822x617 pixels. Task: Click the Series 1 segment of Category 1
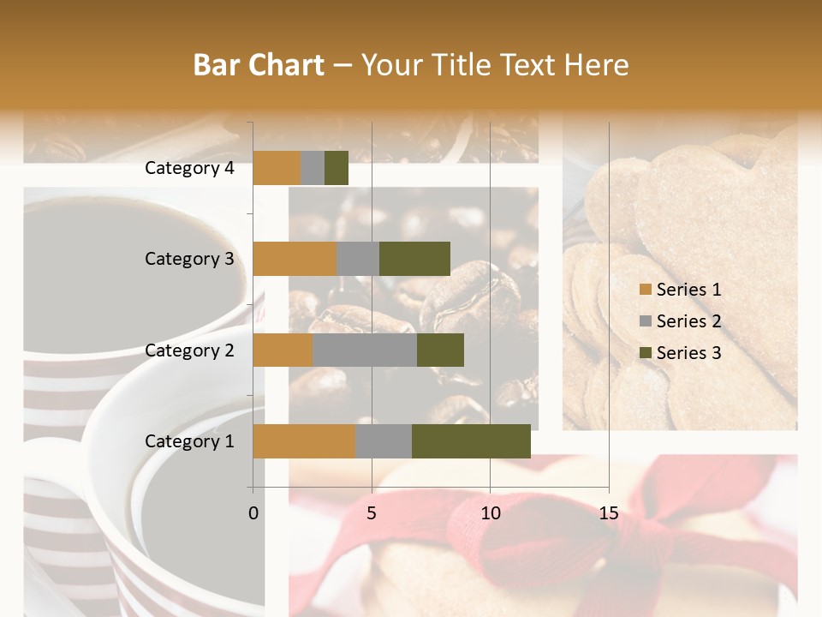[x=304, y=441]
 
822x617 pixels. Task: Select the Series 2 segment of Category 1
[x=384, y=441]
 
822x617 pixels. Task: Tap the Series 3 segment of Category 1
[x=471, y=441]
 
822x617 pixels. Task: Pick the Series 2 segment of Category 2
[x=365, y=350]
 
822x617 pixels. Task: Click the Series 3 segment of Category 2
[x=440, y=350]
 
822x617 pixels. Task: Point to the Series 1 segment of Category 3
[x=295, y=259]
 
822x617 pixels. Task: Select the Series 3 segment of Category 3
[x=414, y=259]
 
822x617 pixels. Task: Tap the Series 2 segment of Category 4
[x=313, y=168]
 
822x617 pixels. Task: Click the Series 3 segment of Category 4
[x=337, y=168]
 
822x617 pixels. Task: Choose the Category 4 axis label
[x=189, y=168]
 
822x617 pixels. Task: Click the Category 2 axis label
[x=189, y=350]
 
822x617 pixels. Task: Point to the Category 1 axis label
[x=189, y=441]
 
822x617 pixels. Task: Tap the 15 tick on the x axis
[x=609, y=513]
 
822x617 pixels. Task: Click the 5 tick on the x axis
[x=372, y=513]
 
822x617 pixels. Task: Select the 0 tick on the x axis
[x=253, y=513]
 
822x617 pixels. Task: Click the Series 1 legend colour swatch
[x=646, y=290]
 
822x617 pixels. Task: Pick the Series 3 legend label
[x=688, y=353]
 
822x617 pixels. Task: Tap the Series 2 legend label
[x=688, y=321]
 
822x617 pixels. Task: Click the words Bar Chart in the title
[x=259, y=65]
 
